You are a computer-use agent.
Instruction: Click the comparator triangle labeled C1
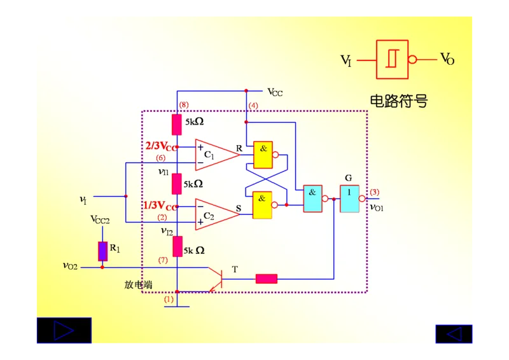(215, 155)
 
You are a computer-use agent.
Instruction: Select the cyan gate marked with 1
(349, 198)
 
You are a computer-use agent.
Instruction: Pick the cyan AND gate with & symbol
(312, 198)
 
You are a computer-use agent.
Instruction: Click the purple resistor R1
(102, 251)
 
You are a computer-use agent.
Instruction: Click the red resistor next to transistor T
(267, 278)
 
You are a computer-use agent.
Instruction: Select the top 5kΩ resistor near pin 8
(177, 125)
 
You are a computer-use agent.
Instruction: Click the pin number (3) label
(375, 192)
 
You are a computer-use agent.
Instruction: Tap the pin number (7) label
(163, 260)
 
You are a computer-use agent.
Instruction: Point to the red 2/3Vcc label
(160, 146)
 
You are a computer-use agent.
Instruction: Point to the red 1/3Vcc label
(160, 205)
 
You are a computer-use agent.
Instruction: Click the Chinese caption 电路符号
(399, 100)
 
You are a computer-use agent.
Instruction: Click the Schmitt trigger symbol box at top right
(393, 59)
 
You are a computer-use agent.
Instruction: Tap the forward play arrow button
(64, 331)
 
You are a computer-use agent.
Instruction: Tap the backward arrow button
(454, 334)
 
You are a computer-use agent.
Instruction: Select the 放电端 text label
(138, 285)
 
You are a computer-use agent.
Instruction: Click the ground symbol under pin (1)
(176, 306)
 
